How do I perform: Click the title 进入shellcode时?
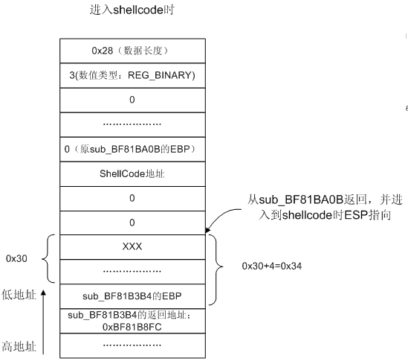132,10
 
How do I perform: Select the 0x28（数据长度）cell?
132,51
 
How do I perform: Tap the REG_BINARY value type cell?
132,76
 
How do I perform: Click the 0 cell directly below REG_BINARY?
132,100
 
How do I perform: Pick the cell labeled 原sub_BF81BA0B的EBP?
132,150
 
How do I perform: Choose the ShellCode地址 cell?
132,174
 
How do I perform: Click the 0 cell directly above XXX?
132,223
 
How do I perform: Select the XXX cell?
132,247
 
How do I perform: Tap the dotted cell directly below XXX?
132,272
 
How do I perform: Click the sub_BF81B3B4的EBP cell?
132,296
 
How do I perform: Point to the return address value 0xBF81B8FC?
132,327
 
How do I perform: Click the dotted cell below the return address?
132,345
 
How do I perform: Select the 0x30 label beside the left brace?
16,258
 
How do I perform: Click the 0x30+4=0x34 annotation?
272,266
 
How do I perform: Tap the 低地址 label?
19,295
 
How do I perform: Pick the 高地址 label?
19,347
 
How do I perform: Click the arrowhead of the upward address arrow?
43,293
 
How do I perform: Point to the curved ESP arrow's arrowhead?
207,231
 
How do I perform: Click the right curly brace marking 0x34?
216,269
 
